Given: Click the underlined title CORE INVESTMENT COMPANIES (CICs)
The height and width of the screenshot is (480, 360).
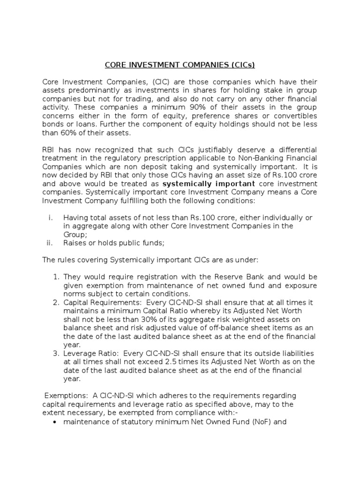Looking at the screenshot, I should [180, 65].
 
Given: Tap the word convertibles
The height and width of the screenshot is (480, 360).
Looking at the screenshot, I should [295, 116].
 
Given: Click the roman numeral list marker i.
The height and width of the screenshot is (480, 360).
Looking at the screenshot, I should [51, 217].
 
